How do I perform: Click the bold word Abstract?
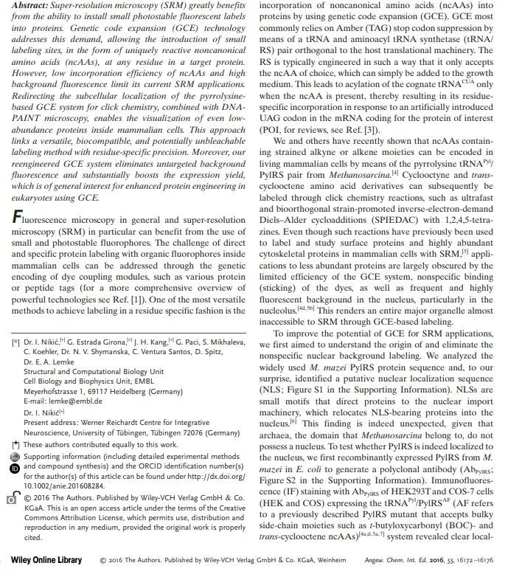30,4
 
